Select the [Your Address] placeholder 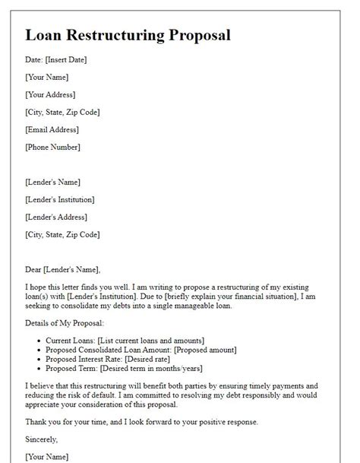pyautogui.click(x=50, y=95)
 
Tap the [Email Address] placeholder pyautogui.click(x=52, y=129)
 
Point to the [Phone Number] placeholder pyautogui.click(x=52, y=147)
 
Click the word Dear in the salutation pyautogui.click(x=33, y=269)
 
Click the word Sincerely pyautogui.click(x=42, y=439)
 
